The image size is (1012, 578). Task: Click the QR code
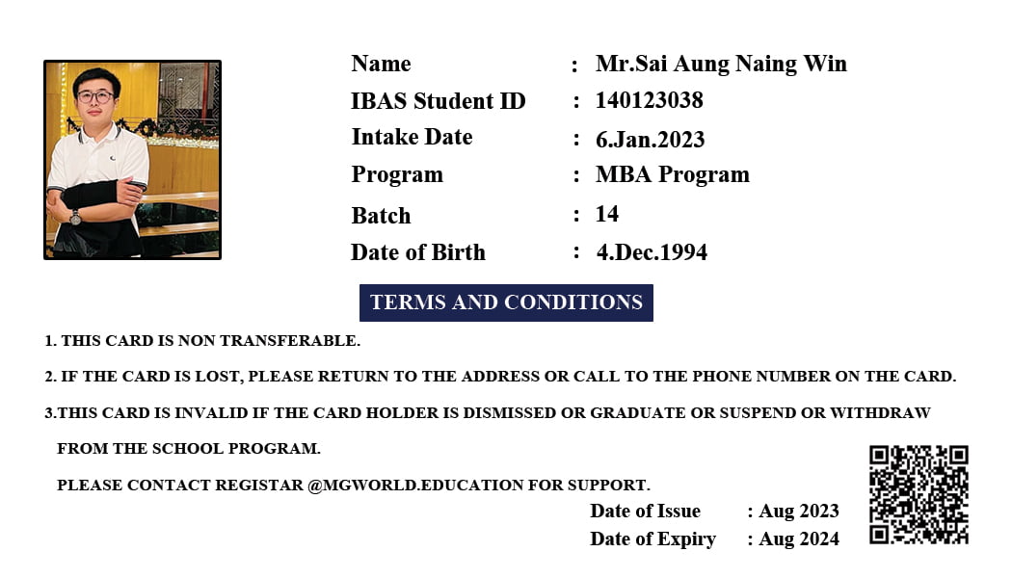919,494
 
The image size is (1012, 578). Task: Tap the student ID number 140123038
649,100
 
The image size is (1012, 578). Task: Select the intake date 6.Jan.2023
650,139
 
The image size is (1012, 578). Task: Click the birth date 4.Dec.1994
652,252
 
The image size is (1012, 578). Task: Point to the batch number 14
607,214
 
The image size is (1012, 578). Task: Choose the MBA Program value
672,174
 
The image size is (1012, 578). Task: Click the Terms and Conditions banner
506,302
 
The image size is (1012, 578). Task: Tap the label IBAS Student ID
438,101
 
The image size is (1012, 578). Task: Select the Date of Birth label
417,252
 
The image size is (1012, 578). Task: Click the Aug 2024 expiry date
799,539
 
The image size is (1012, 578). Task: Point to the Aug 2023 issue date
799,511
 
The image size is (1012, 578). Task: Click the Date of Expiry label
652,539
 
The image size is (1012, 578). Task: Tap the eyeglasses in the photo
95,96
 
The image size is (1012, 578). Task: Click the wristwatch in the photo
75,217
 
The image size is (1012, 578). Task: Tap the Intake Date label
412,137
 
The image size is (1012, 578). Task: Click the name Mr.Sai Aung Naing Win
721,64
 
